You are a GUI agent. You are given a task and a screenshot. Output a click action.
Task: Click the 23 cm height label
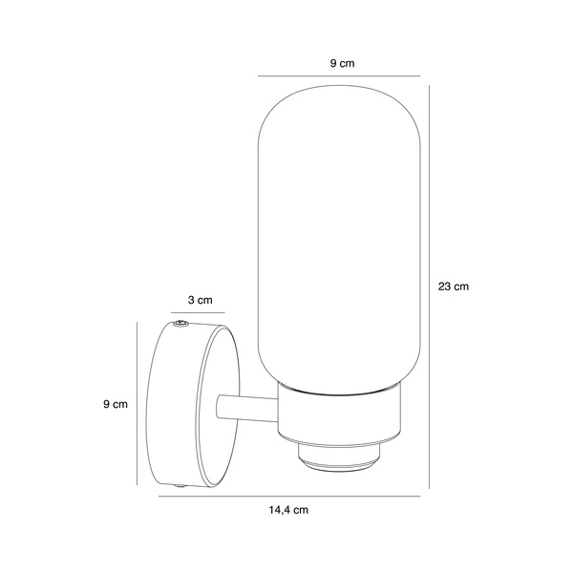[453, 286]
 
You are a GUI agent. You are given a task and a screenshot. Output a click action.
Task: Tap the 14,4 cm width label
[288, 510]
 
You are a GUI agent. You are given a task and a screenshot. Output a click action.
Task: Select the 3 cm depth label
[200, 300]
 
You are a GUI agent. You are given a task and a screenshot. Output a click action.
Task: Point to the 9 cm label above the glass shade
[343, 63]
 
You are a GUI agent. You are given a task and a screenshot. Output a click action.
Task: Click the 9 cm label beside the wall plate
[116, 404]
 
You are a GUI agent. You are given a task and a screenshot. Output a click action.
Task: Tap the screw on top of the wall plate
[180, 324]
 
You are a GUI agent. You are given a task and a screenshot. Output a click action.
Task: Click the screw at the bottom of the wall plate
[180, 486]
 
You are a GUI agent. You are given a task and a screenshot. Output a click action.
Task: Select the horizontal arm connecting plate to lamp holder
[247, 408]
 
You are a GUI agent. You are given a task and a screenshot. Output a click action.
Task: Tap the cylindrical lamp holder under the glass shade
[339, 418]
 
